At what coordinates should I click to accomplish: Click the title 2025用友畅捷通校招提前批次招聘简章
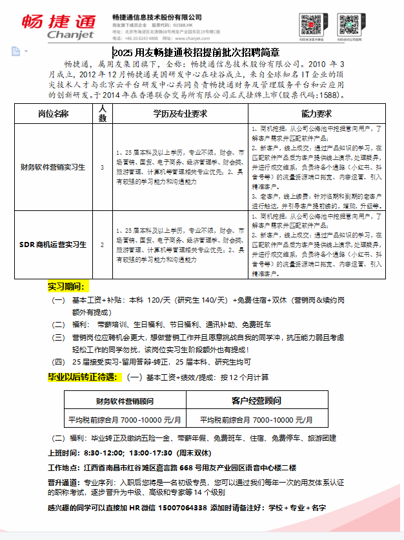pyautogui.click(x=196, y=53)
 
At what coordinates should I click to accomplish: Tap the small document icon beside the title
pyautogui.click(x=15, y=51)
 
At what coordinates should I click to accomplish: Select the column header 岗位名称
pyautogui.click(x=54, y=114)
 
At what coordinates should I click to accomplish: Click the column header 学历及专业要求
pyautogui.click(x=179, y=114)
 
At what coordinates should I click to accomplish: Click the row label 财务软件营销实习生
pyautogui.click(x=54, y=167)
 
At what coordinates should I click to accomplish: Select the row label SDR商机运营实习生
pyautogui.click(x=53, y=245)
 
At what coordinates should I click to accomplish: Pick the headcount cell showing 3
pyautogui.click(x=102, y=167)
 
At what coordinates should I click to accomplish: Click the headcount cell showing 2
pyautogui.click(x=102, y=245)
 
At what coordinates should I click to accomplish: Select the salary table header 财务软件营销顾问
pyautogui.click(x=125, y=401)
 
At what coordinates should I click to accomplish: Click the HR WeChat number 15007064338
pyautogui.click(x=183, y=508)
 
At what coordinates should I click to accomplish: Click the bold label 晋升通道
pyautogui.click(x=64, y=481)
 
